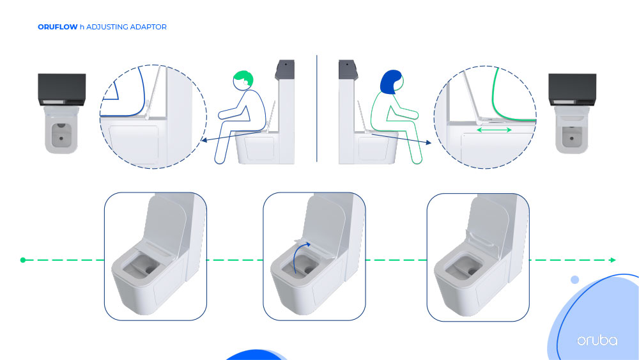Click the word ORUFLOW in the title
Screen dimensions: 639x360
point(58,27)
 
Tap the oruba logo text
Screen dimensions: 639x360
point(597,340)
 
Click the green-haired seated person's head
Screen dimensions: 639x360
point(243,81)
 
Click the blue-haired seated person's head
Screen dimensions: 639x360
point(392,82)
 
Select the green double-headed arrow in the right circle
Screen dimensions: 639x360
point(494,130)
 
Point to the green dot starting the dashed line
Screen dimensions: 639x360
point(23,260)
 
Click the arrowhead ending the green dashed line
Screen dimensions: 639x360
point(613,260)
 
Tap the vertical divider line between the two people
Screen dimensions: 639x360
point(317,109)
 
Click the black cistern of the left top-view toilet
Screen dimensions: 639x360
point(62,90)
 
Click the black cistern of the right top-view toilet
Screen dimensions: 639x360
point(572,90)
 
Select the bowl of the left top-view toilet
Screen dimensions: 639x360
point(61,131)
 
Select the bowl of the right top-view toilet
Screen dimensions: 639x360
point(572,131)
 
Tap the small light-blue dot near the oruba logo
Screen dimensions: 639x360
point(574,279)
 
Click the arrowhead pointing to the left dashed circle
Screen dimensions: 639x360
point(204,140)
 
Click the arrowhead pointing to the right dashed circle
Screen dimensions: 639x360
point(428,143)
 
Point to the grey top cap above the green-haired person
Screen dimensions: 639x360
point(285,69)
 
